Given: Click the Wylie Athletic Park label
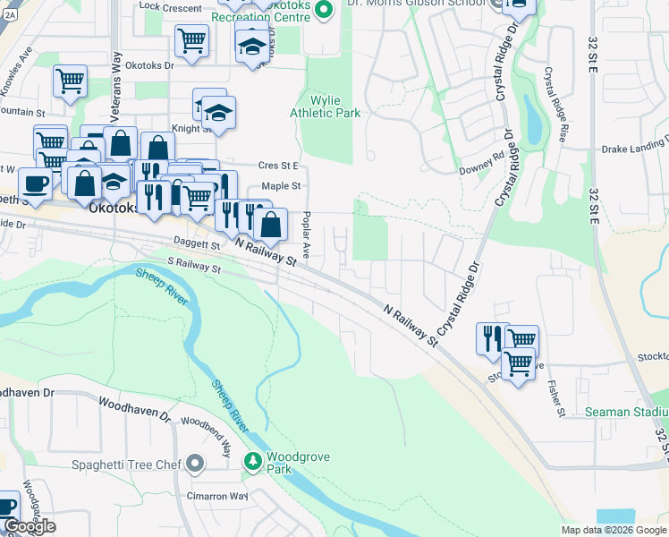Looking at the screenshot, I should coord(325,107).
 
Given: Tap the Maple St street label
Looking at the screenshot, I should coord(278,186).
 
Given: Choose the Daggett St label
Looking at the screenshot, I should coord(201,243).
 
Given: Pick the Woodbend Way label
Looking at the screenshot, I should coord(207,434).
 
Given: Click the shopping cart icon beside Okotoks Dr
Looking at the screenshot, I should coord(192,40).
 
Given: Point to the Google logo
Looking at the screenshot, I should coord(29,526).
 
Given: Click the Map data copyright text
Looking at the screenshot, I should coord(614,530).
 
